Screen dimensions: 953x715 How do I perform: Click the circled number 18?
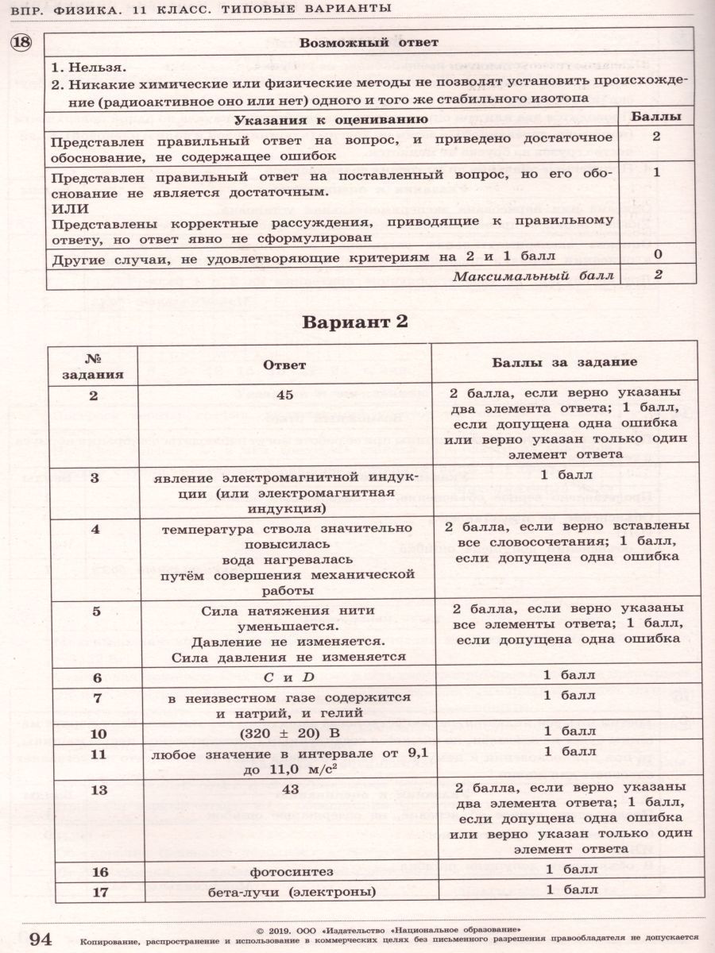pyautogui.click(x=19, y=42)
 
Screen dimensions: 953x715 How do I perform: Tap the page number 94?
pyautogui.click(x=40, y=939)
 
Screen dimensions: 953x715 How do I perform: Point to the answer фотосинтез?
pyautogui.click(x=284, y=871)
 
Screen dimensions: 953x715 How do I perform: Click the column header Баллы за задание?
pyautogui.click(x=564, y=362)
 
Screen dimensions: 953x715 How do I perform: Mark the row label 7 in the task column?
pyautogui.click(x=97, y=697)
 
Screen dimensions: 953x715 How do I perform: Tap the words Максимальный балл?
pyautogui.click(x=534, y=276)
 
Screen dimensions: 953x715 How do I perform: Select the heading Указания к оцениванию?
pyautogui.click(x=331, y=119)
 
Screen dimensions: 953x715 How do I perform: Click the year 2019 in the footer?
pyautogui.click(x=278, y=929)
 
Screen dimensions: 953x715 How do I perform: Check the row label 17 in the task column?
pyautogui.click(x=99, y=891)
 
